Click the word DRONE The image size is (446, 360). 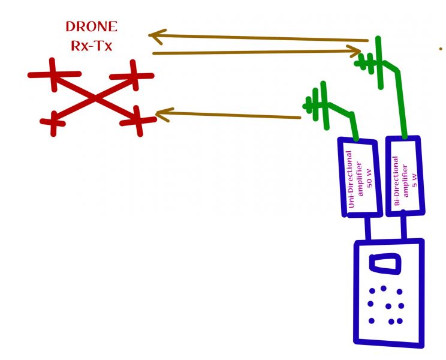pos(92,27)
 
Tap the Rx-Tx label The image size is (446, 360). pos(92,46)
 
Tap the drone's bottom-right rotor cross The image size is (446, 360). pos(137,121)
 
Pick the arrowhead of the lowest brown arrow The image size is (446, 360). pos(162,113)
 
